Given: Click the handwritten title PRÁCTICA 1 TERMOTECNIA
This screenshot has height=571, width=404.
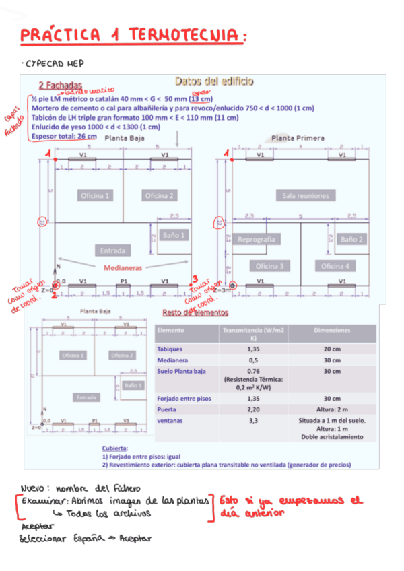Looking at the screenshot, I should click(131, 34).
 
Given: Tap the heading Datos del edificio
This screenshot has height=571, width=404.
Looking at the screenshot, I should click(214, 81).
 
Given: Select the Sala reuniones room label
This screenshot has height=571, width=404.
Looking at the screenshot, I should click(306, 195).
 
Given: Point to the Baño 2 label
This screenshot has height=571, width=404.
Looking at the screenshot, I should click(352, 239).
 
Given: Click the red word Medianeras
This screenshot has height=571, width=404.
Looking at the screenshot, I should click(123, 267).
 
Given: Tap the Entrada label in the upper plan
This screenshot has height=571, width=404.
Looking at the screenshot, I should click(112, 250).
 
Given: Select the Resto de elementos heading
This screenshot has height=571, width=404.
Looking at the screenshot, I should click(195, 312).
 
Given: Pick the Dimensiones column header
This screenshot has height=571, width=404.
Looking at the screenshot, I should click(332, 331).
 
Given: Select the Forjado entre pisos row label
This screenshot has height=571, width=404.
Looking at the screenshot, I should click(184, 398).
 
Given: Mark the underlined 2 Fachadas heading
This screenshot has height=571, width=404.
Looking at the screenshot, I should click(60, 86).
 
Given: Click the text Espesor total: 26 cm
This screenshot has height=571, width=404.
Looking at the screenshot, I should click(64, 136).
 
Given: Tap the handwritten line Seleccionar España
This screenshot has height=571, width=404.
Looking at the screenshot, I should click(85, 538).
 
